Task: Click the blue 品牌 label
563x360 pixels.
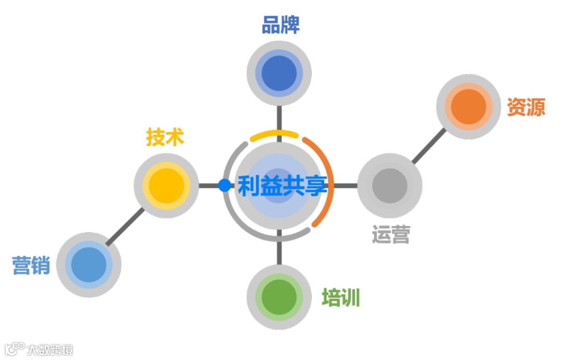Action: (280, 25)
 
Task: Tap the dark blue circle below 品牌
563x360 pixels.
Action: (279, 73)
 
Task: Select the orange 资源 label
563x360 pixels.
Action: (526, 107)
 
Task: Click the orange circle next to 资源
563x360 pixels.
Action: (468, 107)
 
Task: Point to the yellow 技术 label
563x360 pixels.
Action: (165, 138)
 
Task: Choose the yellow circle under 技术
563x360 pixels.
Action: (166, 186)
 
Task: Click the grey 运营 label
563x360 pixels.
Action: (390, 235)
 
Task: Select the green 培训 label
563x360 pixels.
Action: (341, 298)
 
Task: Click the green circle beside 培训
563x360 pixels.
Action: (279, 297)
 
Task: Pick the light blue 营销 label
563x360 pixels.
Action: (31, 266)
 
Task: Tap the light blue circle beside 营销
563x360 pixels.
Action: (89, 265)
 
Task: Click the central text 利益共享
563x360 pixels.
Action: (282, 186)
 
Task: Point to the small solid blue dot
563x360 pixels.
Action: (224, 185)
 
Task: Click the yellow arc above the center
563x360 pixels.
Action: (274, 135)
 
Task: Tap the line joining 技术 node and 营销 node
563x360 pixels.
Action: (126, 226)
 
